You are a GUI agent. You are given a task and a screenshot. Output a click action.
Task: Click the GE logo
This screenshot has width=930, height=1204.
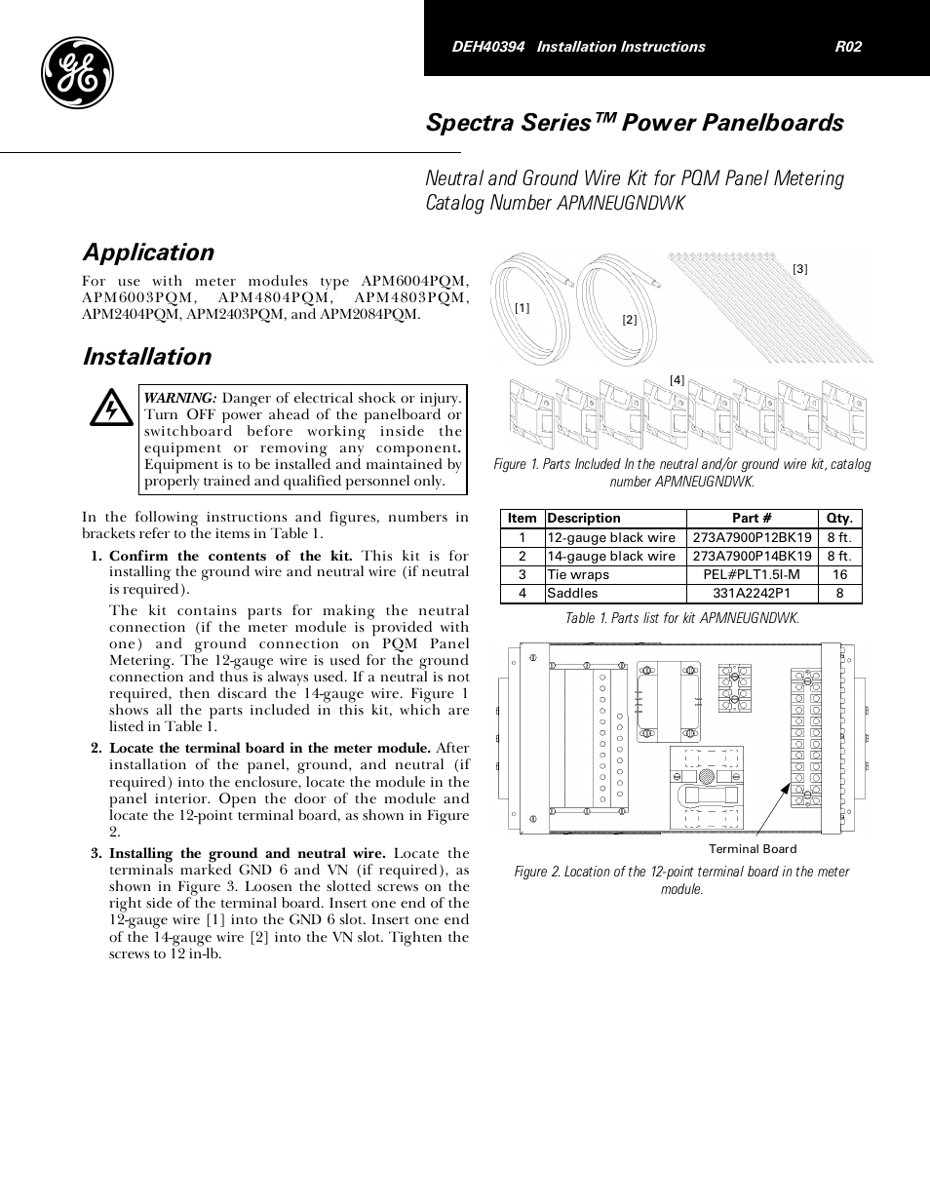point(77,74)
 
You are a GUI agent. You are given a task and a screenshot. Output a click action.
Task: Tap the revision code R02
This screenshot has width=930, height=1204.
point(848,47)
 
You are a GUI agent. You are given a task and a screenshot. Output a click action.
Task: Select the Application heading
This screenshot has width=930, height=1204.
point(148,252)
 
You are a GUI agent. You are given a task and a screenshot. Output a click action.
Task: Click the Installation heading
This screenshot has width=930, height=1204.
point(146,357)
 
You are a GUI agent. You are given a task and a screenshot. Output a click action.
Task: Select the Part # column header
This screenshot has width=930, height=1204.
point(752,519)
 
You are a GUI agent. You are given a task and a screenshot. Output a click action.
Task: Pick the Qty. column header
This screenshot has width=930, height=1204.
point(838,519)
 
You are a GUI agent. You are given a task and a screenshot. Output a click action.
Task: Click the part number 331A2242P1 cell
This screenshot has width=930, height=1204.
point(752,594)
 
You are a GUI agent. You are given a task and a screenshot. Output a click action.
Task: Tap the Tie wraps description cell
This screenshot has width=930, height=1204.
point(578,575)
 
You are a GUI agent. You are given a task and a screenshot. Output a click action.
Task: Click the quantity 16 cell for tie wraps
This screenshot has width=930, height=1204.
point(839,575)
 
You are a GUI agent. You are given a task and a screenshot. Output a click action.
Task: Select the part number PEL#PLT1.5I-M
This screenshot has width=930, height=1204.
point(752,575)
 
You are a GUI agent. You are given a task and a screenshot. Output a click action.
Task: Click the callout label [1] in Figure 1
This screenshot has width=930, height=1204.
point(523,308)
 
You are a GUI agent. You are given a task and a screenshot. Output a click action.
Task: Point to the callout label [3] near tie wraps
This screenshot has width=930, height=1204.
point(800,268)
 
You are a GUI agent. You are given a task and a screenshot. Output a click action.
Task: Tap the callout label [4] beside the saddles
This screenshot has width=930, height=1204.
point(677,379)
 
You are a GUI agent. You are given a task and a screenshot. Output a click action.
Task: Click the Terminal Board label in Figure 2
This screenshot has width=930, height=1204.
point(753,849)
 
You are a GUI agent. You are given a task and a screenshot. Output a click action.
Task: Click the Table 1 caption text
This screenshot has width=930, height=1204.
point(682,619)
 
